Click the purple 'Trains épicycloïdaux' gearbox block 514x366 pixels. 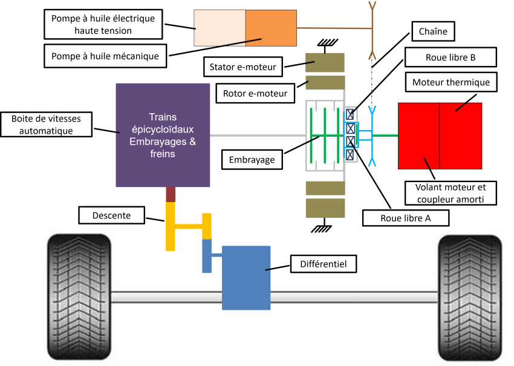coord(163,135)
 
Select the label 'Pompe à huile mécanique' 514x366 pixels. coord(105,56)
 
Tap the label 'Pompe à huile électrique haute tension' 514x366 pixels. coord(103,24)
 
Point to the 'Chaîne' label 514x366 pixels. coord(432,31)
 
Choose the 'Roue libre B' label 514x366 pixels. coord(451,57)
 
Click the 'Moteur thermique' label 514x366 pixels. coord(451,82)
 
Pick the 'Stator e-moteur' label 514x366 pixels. coord(242,67)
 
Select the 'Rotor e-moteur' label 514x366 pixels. coord(255,93)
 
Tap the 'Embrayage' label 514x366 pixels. coord(252,160)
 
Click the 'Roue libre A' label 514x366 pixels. coord(405,218)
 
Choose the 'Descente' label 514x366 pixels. coord(112,215)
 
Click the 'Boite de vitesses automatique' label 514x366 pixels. coord(46,125)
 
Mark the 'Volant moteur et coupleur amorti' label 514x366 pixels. coord(451,193)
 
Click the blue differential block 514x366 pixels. coord(246,277)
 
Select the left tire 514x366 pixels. coord(79,296)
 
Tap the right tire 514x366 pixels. coord(470,296)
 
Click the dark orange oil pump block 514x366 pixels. coord(271,28)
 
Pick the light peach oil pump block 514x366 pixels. coord(220,28)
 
